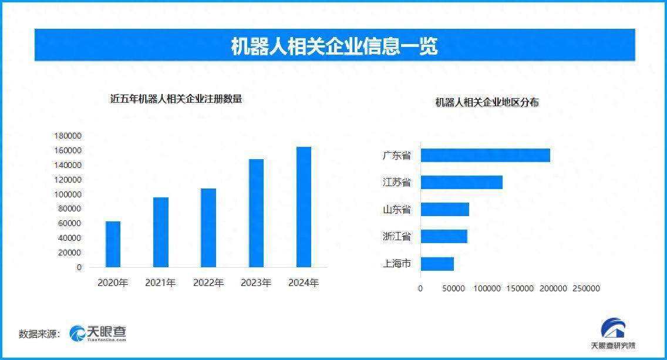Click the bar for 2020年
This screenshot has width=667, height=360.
click(x=113, y=244)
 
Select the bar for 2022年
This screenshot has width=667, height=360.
click(x=208, y=228)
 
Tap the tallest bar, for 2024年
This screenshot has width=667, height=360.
click(x=304, y=207)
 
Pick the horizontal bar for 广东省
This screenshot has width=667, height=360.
click(x=485, y=155)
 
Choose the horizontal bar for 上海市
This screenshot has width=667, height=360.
click(x=437, y=264)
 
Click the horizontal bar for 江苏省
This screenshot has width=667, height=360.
click(x=461, y=182)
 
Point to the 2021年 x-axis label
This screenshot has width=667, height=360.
click(x=160, y=283)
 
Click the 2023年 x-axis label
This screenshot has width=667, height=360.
click(x=256, y=283)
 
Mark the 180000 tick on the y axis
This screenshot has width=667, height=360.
click(x=68, y=136)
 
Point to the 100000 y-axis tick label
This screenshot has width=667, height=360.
click(x=68, y=194)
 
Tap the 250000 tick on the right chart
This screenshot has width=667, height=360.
click(x=586, y=288)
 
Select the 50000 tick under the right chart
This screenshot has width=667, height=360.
click(x=453, y=288)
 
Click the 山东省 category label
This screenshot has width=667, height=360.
click(x=396, y=209)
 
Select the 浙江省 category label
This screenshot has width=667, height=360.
click(x=396, y=237)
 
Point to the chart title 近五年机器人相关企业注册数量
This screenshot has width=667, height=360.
click(x=176, y=99)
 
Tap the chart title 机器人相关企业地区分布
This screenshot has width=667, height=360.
click(x=487, y=102)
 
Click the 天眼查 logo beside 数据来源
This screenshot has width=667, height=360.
click(x=97, y=334)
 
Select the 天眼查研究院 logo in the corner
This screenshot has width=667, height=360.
click(x=612, y=334)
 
